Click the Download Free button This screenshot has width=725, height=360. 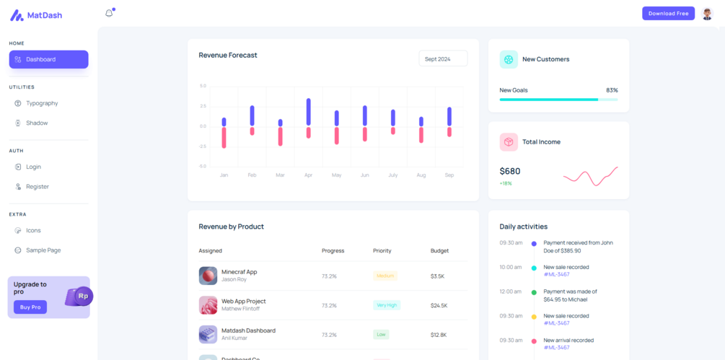click(x=668, y=13)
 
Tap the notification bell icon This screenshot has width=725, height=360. click(x=109, y=13)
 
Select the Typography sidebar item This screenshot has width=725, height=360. click(x=42, y=103)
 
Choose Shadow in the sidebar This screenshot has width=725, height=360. click(x=37, y=123)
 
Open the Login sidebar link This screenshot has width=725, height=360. click(x=33, y=167)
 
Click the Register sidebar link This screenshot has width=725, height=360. click(x=38, y=186)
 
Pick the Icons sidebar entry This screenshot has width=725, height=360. click(x=33, y=230)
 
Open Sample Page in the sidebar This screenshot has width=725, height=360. click(x=43, y=250)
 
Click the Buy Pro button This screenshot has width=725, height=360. click(x=30, y=307)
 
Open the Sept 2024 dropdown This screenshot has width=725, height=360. click(x=443, y=58)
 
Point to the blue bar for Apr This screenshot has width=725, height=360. click(x=308, y=112)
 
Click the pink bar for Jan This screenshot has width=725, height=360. click(x=224, y=137)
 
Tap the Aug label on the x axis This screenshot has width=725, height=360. click(x=421, y=175)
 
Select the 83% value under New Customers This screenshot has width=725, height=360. click(x=612, y=90)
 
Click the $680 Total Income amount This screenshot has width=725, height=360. click(x=510, y=171)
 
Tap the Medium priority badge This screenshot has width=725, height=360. click(x=385, y=276)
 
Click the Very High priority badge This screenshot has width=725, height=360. click(x=387, y=305)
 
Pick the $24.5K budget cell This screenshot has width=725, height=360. click(x=439, y=305)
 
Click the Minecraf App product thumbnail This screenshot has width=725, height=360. click(x=208, y=276)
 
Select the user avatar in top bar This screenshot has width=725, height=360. click(x=707, y=13)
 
